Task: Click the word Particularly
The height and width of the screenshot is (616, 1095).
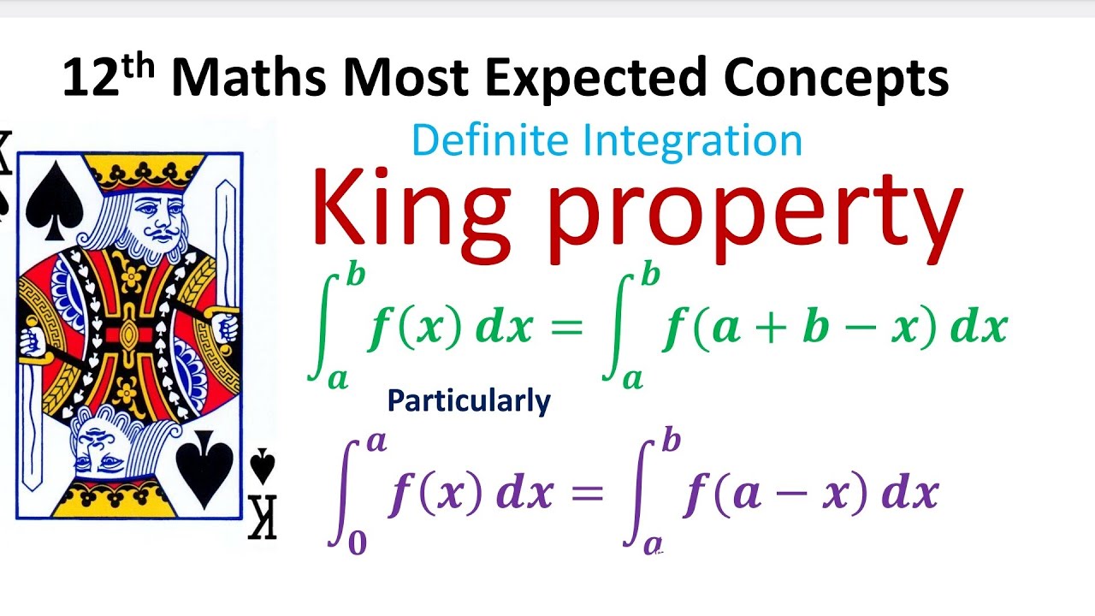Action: click(469, 400)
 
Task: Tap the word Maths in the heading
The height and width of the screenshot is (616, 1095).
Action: click(248, 77)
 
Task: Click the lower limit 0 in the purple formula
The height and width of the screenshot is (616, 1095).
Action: click(357, 543)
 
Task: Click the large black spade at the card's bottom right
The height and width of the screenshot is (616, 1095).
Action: click(205, 471)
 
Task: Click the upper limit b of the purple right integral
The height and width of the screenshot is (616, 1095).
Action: click(672, 441)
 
